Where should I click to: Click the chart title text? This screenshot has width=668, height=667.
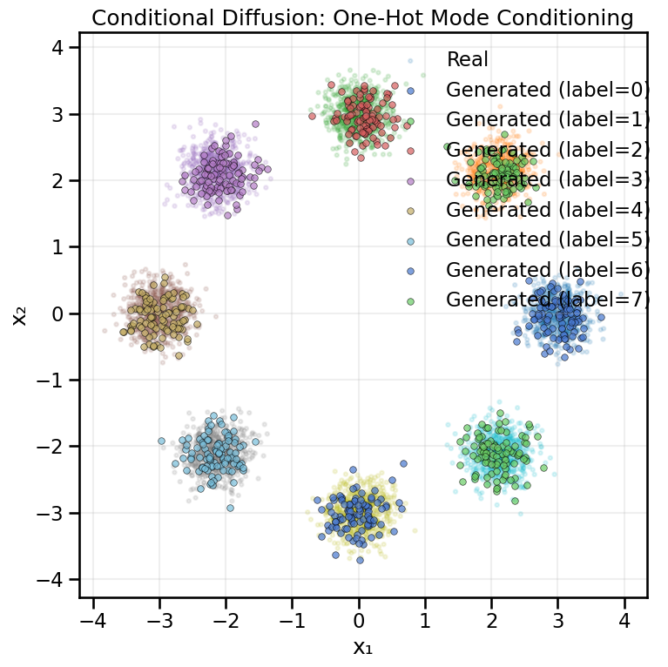[x=362, y=17]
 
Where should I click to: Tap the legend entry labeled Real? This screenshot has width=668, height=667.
[x=467, y=60]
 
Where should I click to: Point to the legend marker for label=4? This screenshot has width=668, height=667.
[x=410, y=211]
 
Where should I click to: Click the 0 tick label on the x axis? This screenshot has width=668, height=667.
[x=359, y=621]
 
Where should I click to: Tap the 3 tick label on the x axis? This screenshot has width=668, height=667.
[x=558, y=621]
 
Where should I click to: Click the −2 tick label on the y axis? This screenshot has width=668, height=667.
[x=54, y=447]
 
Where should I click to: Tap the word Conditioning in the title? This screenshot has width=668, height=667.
[x=563, y=17]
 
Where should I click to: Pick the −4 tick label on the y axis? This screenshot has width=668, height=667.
[x=54, y=580]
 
